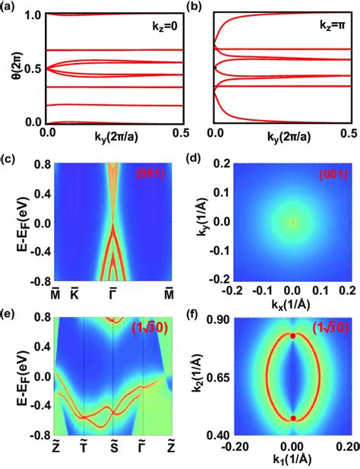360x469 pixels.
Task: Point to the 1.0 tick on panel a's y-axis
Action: click(x=33, y=14)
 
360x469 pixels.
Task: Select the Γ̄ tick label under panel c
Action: click(x=112, y=292)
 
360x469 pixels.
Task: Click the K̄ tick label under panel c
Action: click(x=74, y=292)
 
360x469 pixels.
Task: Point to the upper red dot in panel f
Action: click(x=292, y=335)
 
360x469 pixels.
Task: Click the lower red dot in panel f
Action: click(x=292, y=417)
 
